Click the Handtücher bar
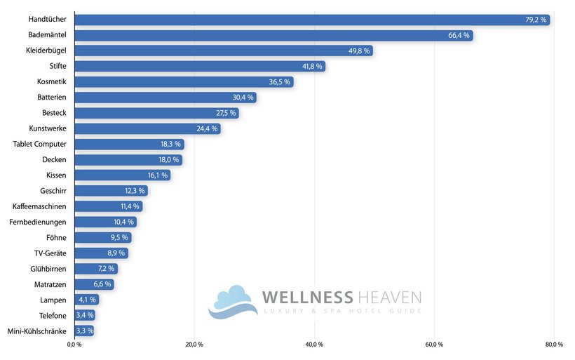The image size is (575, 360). point(312,20)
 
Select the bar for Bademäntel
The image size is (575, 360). point(273,35)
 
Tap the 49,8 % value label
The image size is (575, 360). point(358,51)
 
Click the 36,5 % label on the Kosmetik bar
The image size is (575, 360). point(280,82)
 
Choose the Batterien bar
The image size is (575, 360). point(165,98)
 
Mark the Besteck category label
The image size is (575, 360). point(54,113)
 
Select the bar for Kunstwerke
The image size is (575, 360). point(147,128)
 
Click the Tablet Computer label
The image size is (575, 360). point(40,144)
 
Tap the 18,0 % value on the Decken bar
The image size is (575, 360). point(168,160)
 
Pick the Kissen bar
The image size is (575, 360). point(122,175)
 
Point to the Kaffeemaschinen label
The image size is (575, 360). point(40,206)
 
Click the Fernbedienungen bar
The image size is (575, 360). point(105,222)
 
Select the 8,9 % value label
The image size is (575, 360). point(116,253)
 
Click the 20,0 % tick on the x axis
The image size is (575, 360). point(194,345)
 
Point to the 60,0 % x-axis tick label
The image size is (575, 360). point(434,345)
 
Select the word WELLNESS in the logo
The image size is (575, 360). point(307,298)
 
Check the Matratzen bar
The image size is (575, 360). point(94,284)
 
